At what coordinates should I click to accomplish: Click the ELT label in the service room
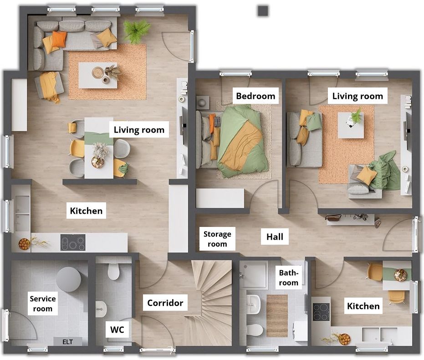point(67,342)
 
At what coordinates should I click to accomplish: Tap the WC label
point(117,330)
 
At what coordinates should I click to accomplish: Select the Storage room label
point(217,239)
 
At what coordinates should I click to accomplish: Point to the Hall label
point(275,237)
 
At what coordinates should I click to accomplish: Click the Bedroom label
point(255,96)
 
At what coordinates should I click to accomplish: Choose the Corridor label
point(165,303)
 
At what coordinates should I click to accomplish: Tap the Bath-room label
point(289,278)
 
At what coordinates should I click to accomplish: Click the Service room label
point(43,303)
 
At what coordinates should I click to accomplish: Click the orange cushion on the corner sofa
point(59,39)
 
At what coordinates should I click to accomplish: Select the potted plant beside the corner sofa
point(137,31)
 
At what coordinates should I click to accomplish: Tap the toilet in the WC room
point(113,271)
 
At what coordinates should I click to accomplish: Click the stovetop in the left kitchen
point(73,242)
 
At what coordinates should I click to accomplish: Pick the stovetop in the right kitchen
point(321,312)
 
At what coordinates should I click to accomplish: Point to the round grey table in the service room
point(69,279)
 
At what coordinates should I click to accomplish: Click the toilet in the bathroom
point(255,330)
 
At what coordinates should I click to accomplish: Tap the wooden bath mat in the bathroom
point(277,316)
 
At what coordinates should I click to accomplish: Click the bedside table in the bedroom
point(203,102)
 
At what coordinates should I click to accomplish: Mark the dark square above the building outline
point(263,11)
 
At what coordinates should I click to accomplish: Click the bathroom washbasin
point(253,304)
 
